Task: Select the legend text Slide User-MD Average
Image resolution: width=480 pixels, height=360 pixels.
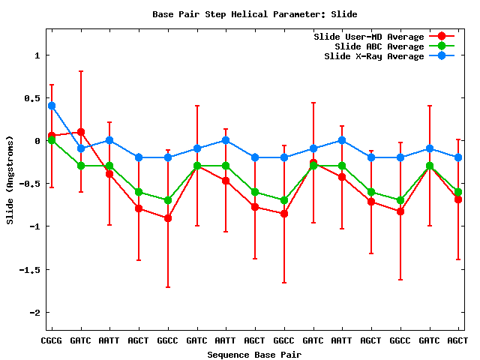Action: click(x=368, y=37)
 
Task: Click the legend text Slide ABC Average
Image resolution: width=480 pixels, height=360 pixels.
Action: click(x=379, y=46)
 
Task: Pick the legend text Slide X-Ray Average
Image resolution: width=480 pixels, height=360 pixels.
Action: click(x=373, y=56)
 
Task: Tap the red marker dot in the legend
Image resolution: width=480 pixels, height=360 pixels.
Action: click(x=442, y=37)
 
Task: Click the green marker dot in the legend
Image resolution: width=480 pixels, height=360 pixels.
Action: click(x=442, y=46)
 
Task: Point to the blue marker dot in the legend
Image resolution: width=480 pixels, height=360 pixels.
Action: click(x=442, y=56)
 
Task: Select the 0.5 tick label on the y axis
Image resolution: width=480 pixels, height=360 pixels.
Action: click(x=31, y=98)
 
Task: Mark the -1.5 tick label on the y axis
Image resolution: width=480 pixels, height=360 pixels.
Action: click(x=28, y=269)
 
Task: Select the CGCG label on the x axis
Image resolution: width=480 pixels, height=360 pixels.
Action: click(x=52, y=340)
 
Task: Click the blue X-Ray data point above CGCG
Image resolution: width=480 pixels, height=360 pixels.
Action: click(x=52, y=106)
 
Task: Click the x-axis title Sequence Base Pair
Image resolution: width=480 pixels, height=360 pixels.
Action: click(x=254, y=354)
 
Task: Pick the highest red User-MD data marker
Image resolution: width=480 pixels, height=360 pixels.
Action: click(x=81, y=132)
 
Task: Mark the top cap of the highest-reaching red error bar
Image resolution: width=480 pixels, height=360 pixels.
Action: click(x=81, y=71)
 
